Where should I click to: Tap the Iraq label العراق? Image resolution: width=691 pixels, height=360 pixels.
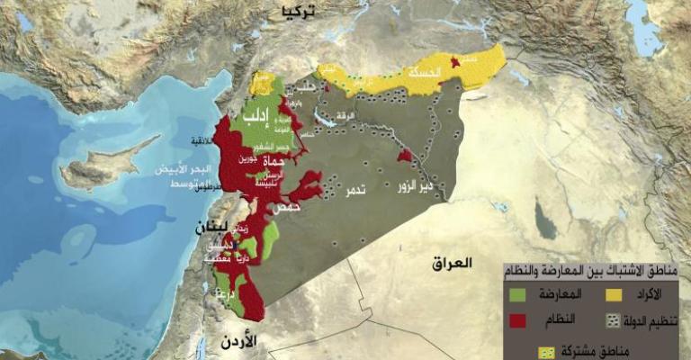click(x=451, y=264)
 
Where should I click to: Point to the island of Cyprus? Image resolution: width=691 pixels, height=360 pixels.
click(x=108, y=166)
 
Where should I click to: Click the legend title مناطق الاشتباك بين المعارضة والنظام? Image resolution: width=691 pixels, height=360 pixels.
click(x=595, y=271)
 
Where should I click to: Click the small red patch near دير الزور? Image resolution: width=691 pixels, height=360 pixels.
click(x=405, y=156)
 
